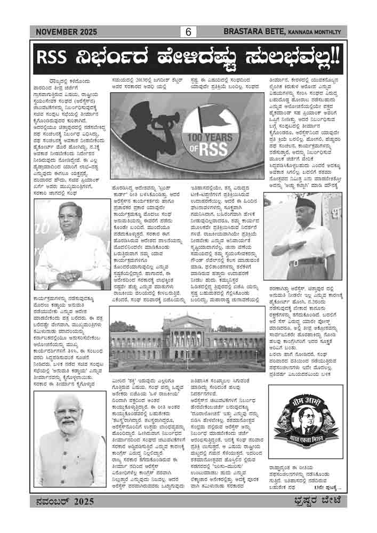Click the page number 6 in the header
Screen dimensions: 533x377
(x=188, y=33)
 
